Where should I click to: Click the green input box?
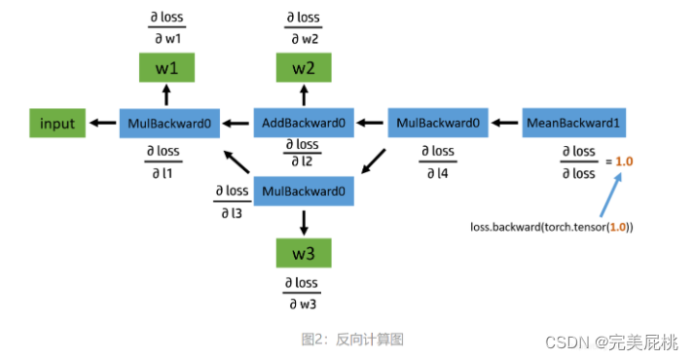(56, 124)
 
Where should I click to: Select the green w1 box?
(165, 68)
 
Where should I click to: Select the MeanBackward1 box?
(574, 124)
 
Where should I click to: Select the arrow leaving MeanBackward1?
(505, 124)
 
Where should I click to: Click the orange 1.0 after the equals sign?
(624, 161)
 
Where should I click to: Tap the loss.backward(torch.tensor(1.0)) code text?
(551, 228)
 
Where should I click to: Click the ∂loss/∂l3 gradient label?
(232, 200)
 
